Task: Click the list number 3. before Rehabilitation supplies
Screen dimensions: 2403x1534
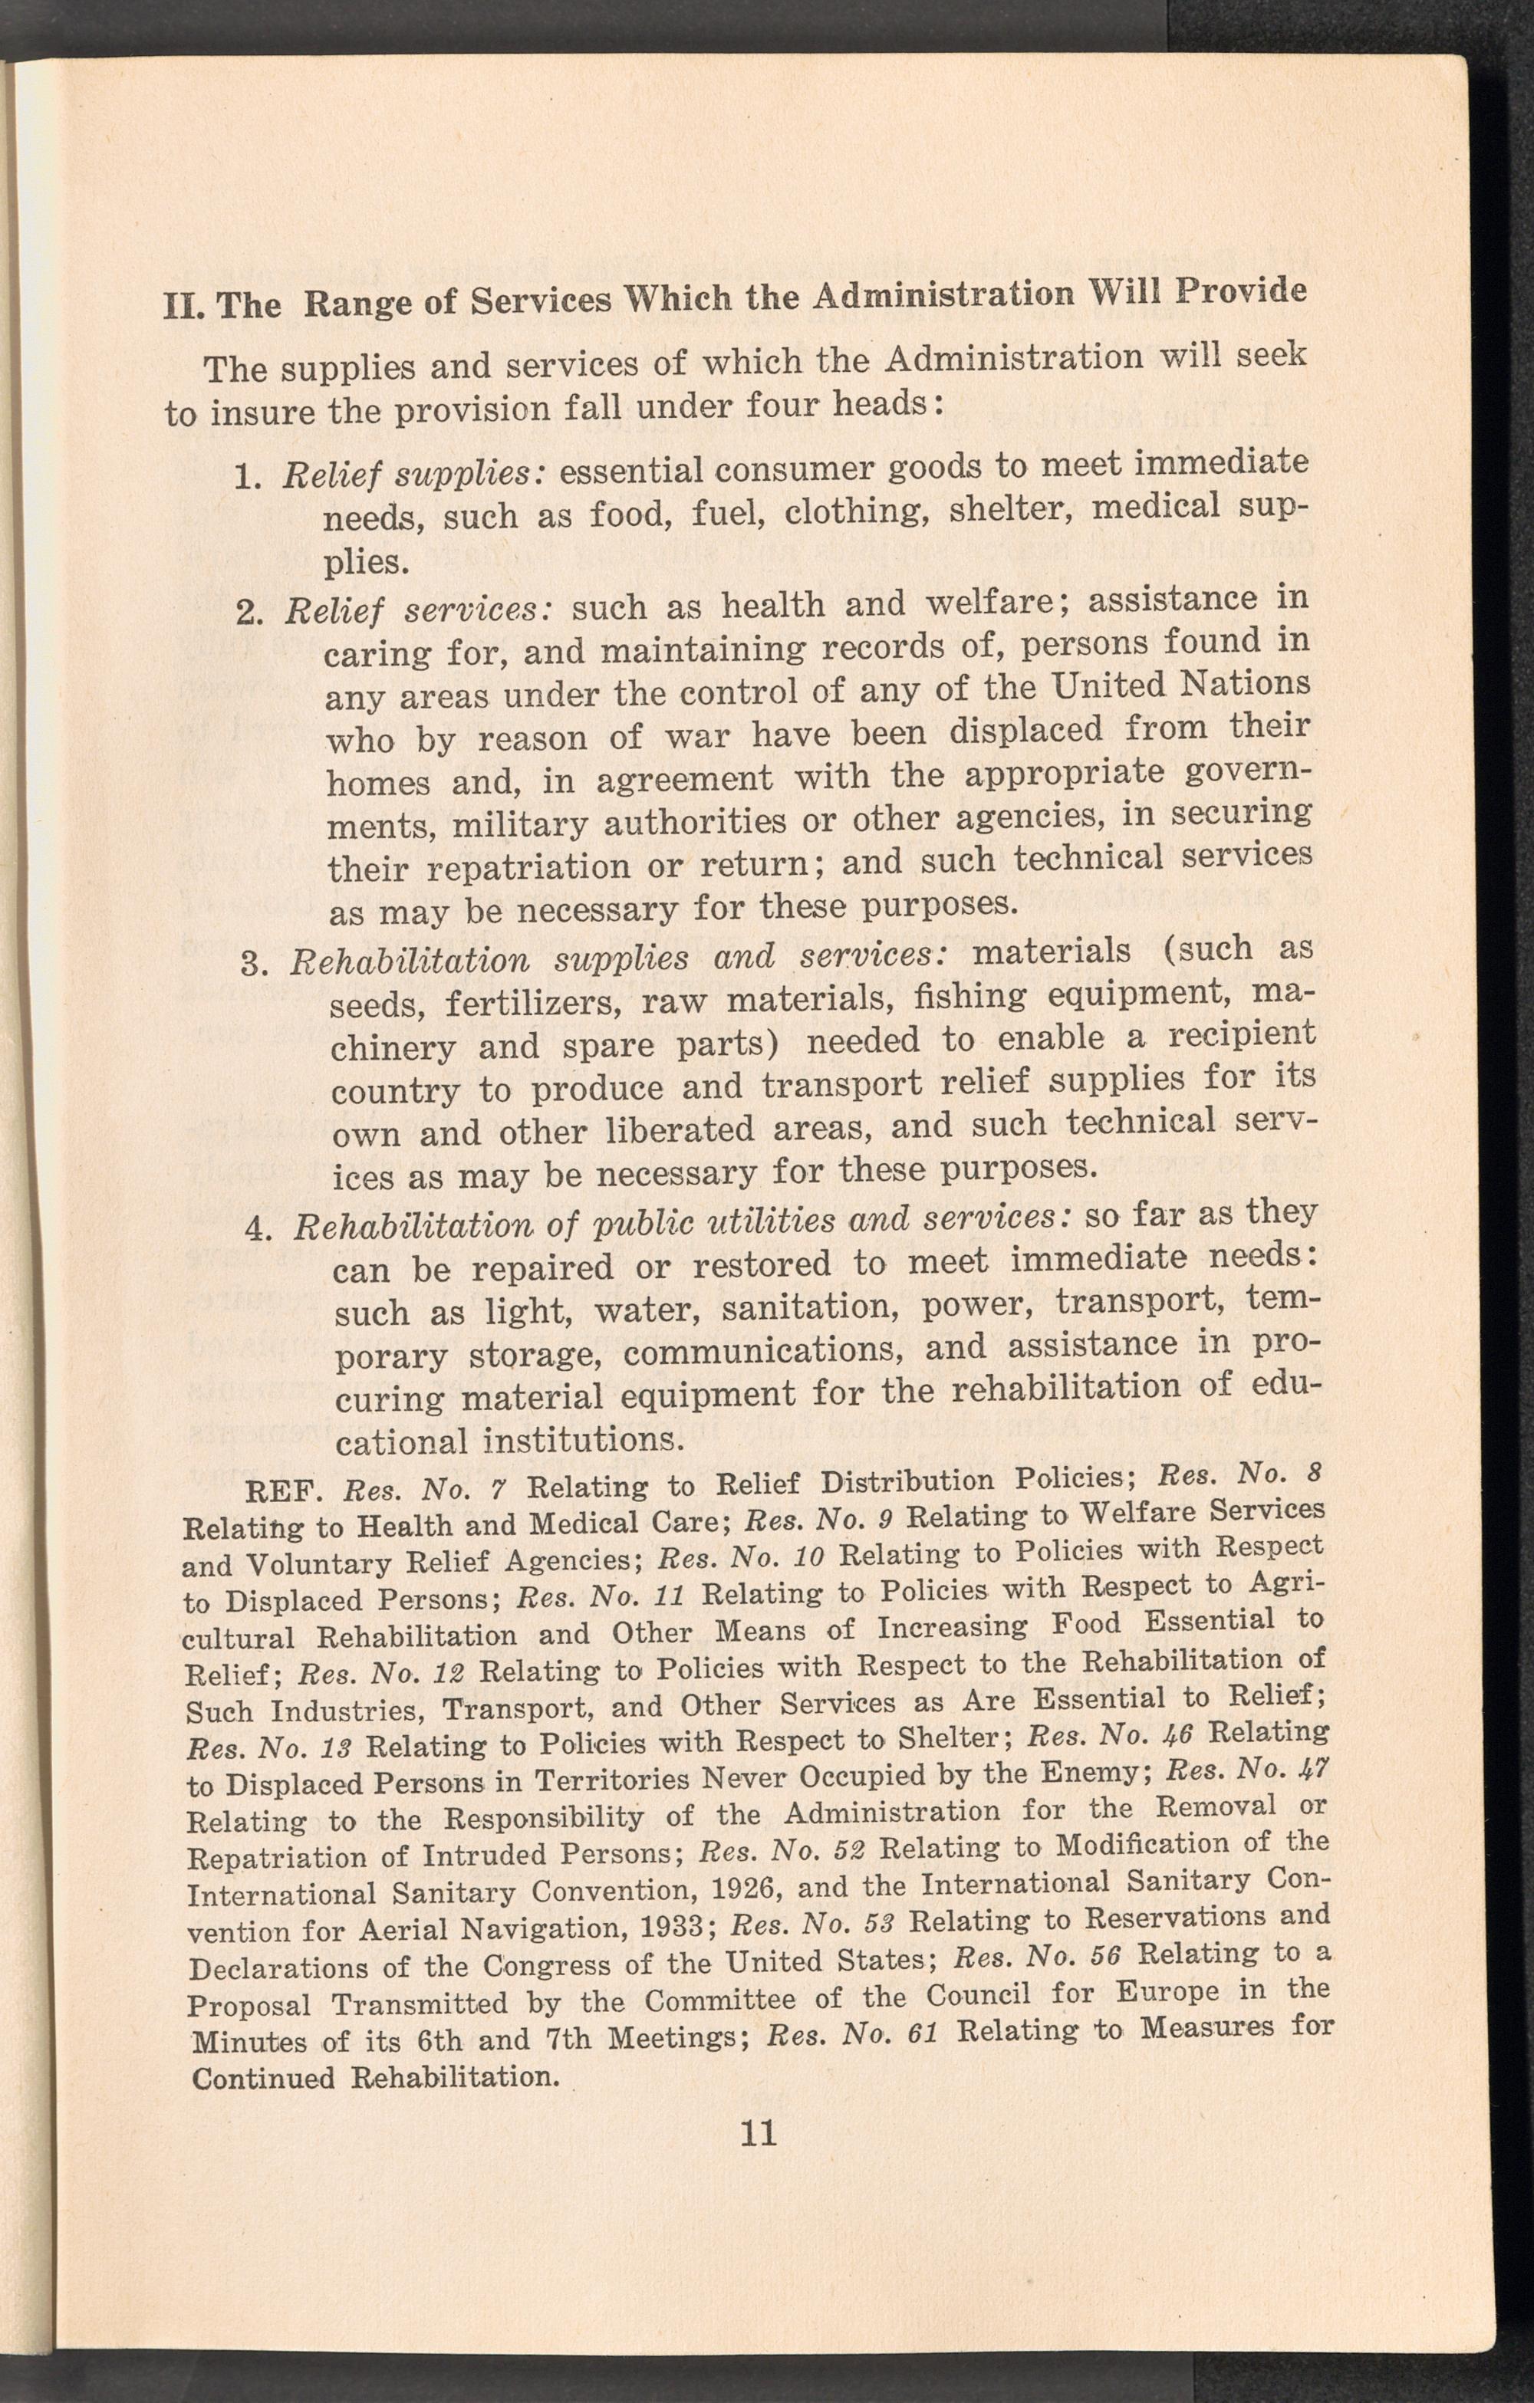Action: click(x=256, y=964)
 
